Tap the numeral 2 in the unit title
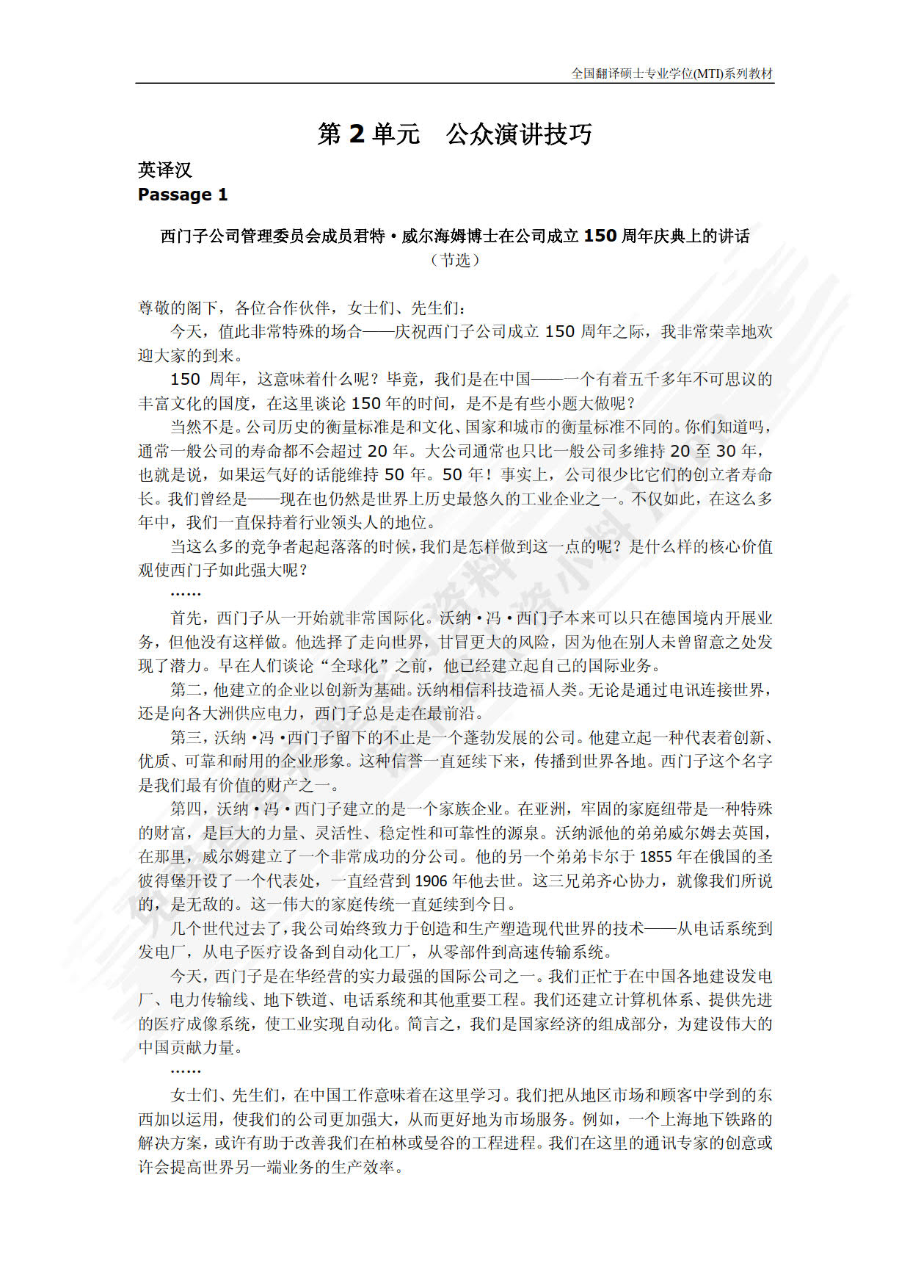pyautogui.click(x=357, y=134)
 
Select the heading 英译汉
pyautogui.click(x=164, y=170)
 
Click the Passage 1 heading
pyautogui.click(x=183, y=195)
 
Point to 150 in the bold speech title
pyautogui.click(x=600, y=236)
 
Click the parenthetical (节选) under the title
pyautogui.click(x=455, y=260)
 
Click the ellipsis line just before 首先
pyautogui.click(x=186, y=593)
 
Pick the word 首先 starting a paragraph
pyautogui.click(x=186, y=618)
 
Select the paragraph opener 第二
pyautogui.click(x=186, y=690)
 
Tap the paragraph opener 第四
pyautogui.click(x=186, y=808)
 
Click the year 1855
pyautogui.click(x=655, y=856)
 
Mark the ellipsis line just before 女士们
pyautogui.click(x=186, y=1071)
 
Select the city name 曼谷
pyautogui.click(x=432, y=1143)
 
